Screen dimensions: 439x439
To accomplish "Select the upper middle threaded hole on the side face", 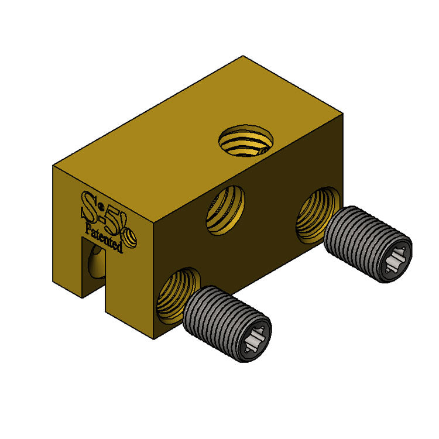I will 225,210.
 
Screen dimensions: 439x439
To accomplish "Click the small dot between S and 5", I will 101,206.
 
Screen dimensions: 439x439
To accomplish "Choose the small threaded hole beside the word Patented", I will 131,238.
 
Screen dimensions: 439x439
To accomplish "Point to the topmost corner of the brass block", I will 243,57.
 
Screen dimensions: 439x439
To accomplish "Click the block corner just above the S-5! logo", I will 53,166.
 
